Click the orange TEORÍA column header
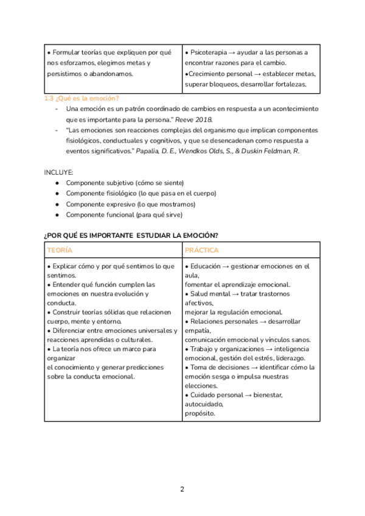click(x=60, y=251)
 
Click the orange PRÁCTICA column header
click(x=202, y=251)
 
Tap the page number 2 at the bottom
click(x=182, y=489)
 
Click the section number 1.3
click(x=49, y=99)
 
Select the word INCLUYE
click(x=58, y=172)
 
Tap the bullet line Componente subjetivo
click(x=125, y=183)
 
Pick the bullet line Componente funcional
click(x=123, y=215)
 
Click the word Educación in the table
click(x=208, y=267)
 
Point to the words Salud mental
click(x=210, y=294)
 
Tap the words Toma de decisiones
click(x=218, y=368)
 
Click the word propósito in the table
click(x=200, y=413)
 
